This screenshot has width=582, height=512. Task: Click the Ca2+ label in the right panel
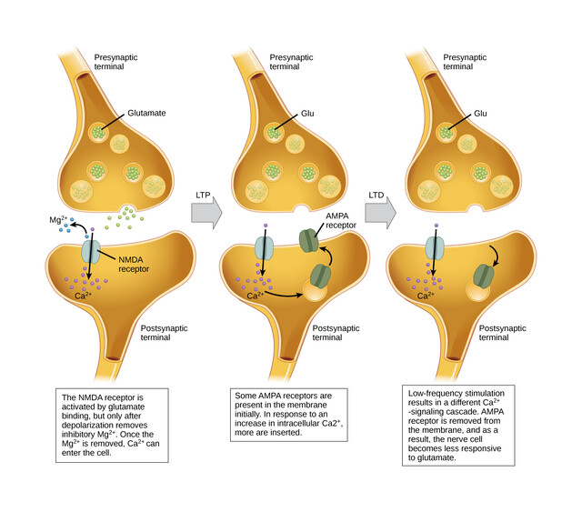coord(426,296)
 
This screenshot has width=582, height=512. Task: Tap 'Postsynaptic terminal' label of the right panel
coord(503,331)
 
